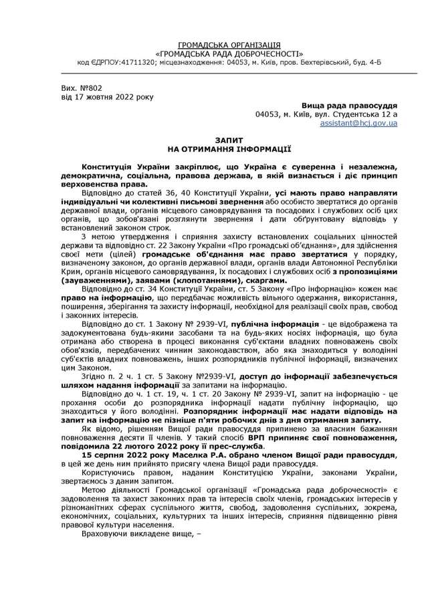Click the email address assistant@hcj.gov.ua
click(359, 124)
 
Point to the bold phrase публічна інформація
click(253, 324)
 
